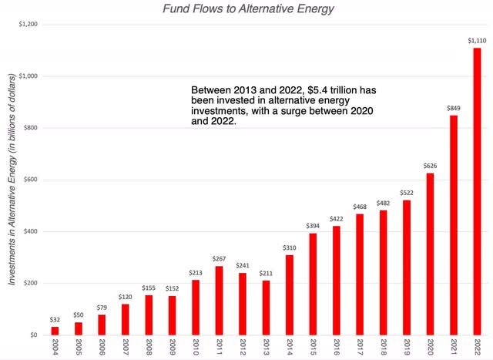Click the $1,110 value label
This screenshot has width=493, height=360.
click(x=477, y=39)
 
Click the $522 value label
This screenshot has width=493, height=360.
click(x=406, y=192)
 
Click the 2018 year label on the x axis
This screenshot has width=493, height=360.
click(x=383, y=348)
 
